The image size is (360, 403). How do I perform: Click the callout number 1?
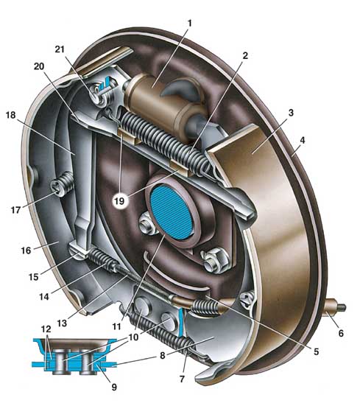[190, 24]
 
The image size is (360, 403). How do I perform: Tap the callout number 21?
[60, 49]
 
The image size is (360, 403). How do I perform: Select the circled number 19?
[119, 201]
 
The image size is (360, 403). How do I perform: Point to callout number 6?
[341, 333]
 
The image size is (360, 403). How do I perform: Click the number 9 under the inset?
[114, 387]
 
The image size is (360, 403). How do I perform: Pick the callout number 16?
[26, 250]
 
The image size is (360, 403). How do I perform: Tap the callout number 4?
[303, 140]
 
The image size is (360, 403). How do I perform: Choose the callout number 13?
[62, 323]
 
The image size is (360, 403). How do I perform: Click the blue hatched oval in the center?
[172, 212]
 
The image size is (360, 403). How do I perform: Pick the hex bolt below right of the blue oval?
[215, 260]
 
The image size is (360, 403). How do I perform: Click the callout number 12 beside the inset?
[46, 329]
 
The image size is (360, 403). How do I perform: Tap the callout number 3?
[291, 112]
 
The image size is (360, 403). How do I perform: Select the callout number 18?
[11, 115]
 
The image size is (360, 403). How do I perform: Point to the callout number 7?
[182, 379]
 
